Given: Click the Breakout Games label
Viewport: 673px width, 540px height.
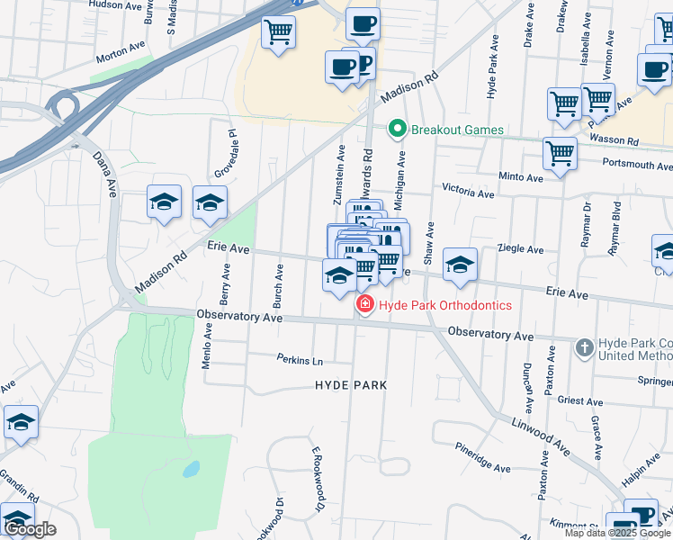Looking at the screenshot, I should point(457,130).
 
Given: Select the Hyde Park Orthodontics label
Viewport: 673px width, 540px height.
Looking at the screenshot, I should point(444,305).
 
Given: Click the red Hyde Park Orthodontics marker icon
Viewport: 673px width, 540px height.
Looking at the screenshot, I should point(365,305).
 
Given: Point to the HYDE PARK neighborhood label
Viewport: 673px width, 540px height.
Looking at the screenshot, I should point(351,385).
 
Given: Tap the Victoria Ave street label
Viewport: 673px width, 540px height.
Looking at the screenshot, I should point(468,193).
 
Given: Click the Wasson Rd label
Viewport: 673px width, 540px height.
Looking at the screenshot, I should point(614,141).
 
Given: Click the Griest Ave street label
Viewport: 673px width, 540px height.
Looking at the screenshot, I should point(580,400).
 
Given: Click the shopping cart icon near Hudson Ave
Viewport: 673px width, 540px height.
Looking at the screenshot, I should point(279,32).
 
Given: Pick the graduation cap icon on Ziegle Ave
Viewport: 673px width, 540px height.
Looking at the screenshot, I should point(460,265).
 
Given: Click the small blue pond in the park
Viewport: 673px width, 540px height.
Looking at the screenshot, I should point(191,469).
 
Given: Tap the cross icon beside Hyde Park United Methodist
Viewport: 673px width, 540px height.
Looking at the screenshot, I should point(584,346).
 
